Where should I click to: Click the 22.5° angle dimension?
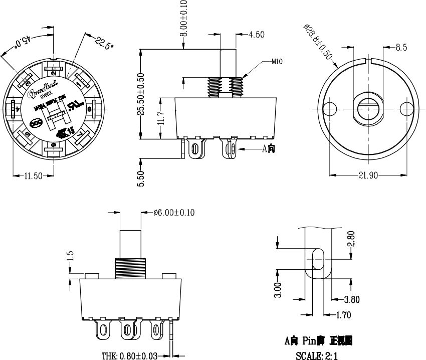pos(104,44)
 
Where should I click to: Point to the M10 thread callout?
pos(277,62)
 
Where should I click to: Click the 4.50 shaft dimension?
pos(256,35)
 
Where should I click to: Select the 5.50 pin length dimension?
pos(141,178)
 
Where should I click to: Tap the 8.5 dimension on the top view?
pos(401,48)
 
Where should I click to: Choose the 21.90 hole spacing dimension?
pos(368,175)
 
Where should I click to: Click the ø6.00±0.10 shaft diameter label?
pos(174,213)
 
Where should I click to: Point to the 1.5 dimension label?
pos(71,256)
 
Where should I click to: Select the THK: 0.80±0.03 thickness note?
pos(129,356)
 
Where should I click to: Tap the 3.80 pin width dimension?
pos(351,300)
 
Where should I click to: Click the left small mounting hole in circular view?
pos(330,108)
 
